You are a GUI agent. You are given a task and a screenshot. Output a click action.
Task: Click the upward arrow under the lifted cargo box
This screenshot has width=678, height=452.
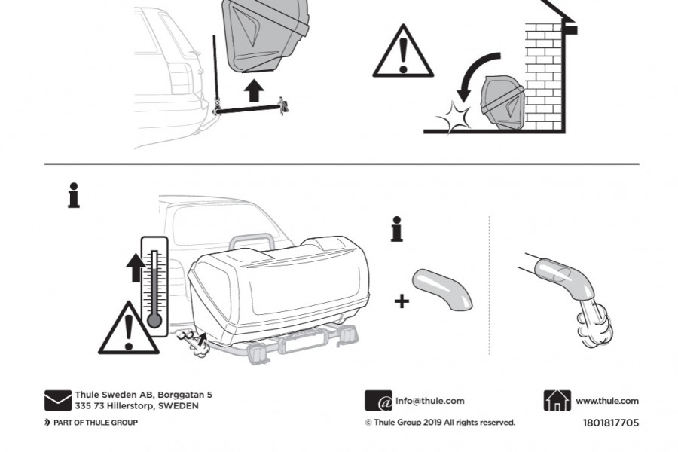[x=255, y=90]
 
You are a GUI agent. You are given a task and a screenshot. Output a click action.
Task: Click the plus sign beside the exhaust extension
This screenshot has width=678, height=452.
[x=402, y=301]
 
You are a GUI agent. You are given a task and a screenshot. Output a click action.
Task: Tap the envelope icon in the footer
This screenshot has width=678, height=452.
[x=58, y=400]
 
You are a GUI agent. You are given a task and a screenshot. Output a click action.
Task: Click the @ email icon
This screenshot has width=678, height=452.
[x=378, y=401]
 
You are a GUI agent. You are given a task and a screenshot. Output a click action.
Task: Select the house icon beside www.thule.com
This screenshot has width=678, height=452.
[x=557, y=401]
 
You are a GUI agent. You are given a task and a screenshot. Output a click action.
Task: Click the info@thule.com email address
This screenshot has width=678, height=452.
[x=429, y=401]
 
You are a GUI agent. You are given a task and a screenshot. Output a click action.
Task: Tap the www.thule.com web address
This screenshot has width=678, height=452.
[x=606, y=401]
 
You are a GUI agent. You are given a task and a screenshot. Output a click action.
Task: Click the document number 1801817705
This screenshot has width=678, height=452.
[x=610, y=423]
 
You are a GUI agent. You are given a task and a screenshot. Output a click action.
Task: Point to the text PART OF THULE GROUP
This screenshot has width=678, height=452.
[x=95, y=423]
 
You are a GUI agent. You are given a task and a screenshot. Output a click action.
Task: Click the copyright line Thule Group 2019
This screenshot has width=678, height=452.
[x=440, y=423]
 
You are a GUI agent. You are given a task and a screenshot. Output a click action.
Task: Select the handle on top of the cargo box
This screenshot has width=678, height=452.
[x=253, y=242]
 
